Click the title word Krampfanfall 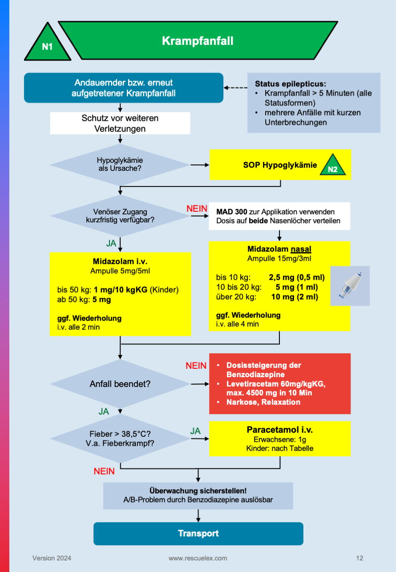[x=198, y=41]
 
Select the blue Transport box [x=198, y=533]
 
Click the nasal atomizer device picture [x=350, y=286]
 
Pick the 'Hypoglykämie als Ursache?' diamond [x=120, y=165]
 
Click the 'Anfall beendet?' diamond [x=120, y=383]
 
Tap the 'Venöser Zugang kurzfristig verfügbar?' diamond [x=120, y=216]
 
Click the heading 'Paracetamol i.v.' [x=279, y=430]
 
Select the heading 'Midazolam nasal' [x=279, y=249]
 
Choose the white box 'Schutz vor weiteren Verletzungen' [x=120, y=123]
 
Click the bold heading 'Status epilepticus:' [x=290, y=84]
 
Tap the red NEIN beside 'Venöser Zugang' [x=196, y=208]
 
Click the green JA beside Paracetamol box [x=195, y=431]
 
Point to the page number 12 [x=360, y=558]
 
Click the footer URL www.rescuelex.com [x=198, y=558]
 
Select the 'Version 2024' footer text [x=52, y=558]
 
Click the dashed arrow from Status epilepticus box [x=235, y=88]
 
